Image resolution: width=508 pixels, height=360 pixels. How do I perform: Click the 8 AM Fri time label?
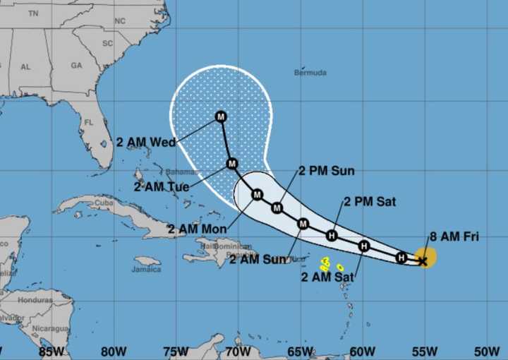[454, 236]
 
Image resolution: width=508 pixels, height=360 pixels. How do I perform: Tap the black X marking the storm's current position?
[423, 261]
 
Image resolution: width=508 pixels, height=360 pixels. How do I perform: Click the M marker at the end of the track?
[221, 116]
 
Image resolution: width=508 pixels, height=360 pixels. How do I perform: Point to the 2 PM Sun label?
[326, 171]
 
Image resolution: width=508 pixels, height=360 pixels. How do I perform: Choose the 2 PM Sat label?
[370, 202]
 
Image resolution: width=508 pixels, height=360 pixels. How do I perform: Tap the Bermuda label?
[310, 73]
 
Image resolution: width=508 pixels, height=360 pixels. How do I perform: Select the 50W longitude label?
[487, 351]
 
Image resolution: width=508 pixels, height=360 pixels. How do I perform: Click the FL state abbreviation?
[90, 122]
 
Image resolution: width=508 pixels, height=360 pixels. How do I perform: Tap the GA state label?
[76, 65]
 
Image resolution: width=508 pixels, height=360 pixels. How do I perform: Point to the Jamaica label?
[145, 269]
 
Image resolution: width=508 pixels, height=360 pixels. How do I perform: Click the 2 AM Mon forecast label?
[197, 229]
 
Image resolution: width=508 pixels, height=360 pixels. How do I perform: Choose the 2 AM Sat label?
[327, 277]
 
